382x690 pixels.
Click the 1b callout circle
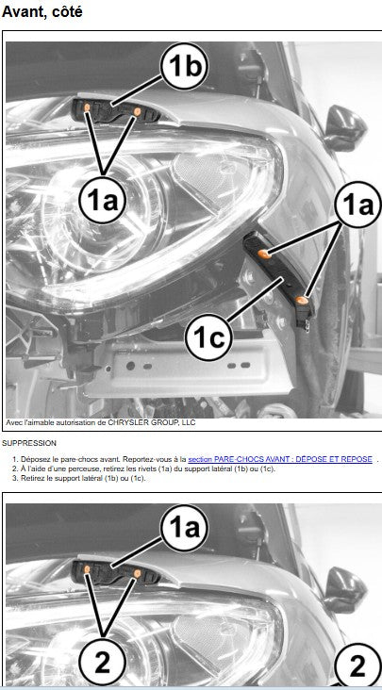pyautogui.click(x=184, y=66)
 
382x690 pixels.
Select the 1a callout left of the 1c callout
pyautogui.click(x=103, y=202)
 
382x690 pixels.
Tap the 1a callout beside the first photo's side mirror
pyautogui.click(x=357, y=205)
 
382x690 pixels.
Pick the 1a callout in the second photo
pyautogui.click(x=184, y=529)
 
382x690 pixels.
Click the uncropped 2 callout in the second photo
pyautogui.click(x=103, y=664)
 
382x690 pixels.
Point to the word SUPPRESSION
pyautogui.click(x=29, y=443)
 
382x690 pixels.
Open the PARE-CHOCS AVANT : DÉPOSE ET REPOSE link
pyautogui.click(x=280, y=459)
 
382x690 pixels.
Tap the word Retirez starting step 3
pyautogui.click(x=31, y=478)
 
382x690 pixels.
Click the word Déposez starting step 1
pyautogui.click(x=33, y=459)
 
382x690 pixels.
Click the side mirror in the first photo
pyautogui.click(x=344, y=127)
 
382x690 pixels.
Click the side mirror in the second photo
pyautogui.click(x=344, y=590)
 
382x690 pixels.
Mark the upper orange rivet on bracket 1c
pyautogui.click(x=263, y=253)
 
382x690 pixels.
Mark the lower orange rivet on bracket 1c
pyautogui.click(x=302, y=301)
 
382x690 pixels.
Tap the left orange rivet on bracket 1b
pyautogui.click(x=87, y=107)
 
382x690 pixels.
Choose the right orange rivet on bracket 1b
pyautogui.click(x=137, y=111)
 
